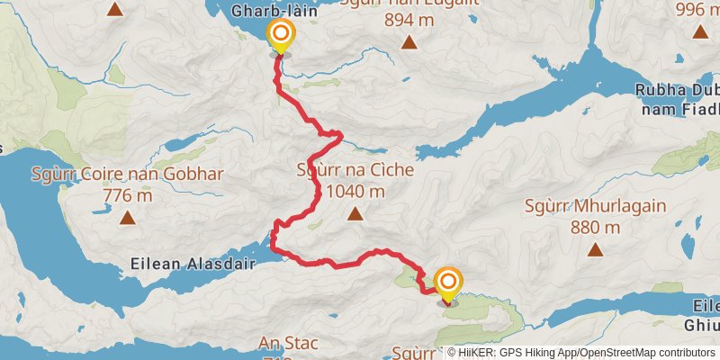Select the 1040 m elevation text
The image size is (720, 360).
pos(355,191)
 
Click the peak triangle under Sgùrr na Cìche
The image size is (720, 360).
pos(355,214)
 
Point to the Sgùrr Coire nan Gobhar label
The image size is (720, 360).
pos(127,174)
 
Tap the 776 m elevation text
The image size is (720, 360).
pos(127,194)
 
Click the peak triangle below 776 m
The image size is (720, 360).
pos(127,218)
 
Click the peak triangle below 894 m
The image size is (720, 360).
pos(409,42)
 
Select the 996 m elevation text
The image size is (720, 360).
pos(700,9)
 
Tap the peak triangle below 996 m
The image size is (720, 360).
pos(700,31)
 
